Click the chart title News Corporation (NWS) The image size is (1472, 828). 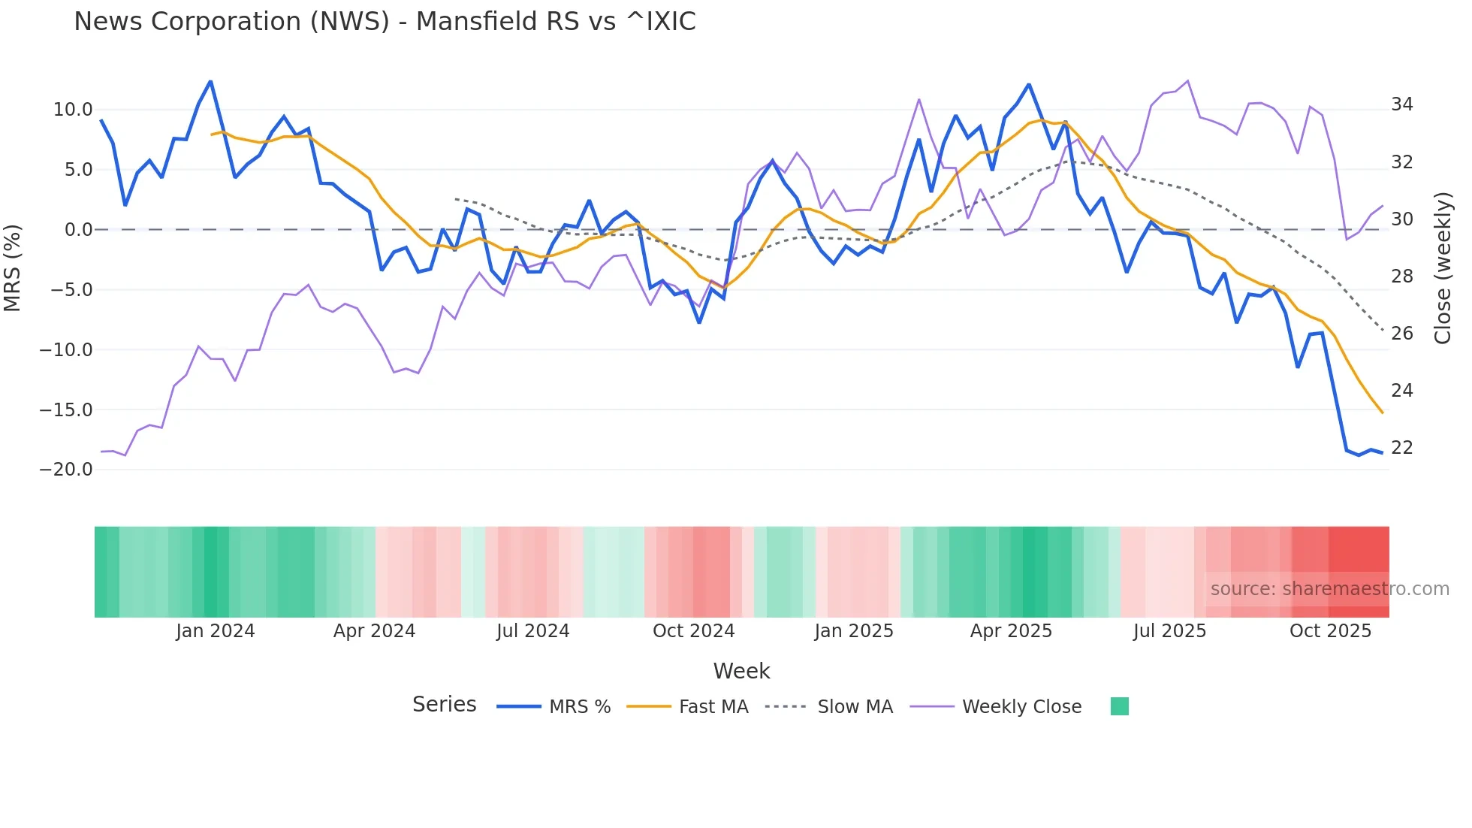pos(385,22)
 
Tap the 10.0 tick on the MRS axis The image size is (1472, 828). pos(73,110)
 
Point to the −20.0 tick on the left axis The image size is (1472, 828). pos(66,470)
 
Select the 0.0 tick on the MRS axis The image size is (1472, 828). pos(78,230)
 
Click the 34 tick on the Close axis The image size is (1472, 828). pos(1401,104)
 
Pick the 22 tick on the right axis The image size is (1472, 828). pos(1401,448)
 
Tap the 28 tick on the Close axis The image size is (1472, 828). pos(1401,277)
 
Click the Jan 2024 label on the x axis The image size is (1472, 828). pos(216,631)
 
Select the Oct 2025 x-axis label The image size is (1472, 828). pos(1330,631)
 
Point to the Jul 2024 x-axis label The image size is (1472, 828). pos(532,631)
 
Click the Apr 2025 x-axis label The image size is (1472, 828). pos(1011,631)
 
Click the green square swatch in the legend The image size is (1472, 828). pos(1119,706)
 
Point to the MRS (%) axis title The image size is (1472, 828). pos(13,268)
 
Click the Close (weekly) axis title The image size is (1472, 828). pos(1442,268)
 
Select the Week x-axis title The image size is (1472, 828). pos(741,671)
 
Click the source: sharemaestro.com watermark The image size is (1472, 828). pos(1329,589)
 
